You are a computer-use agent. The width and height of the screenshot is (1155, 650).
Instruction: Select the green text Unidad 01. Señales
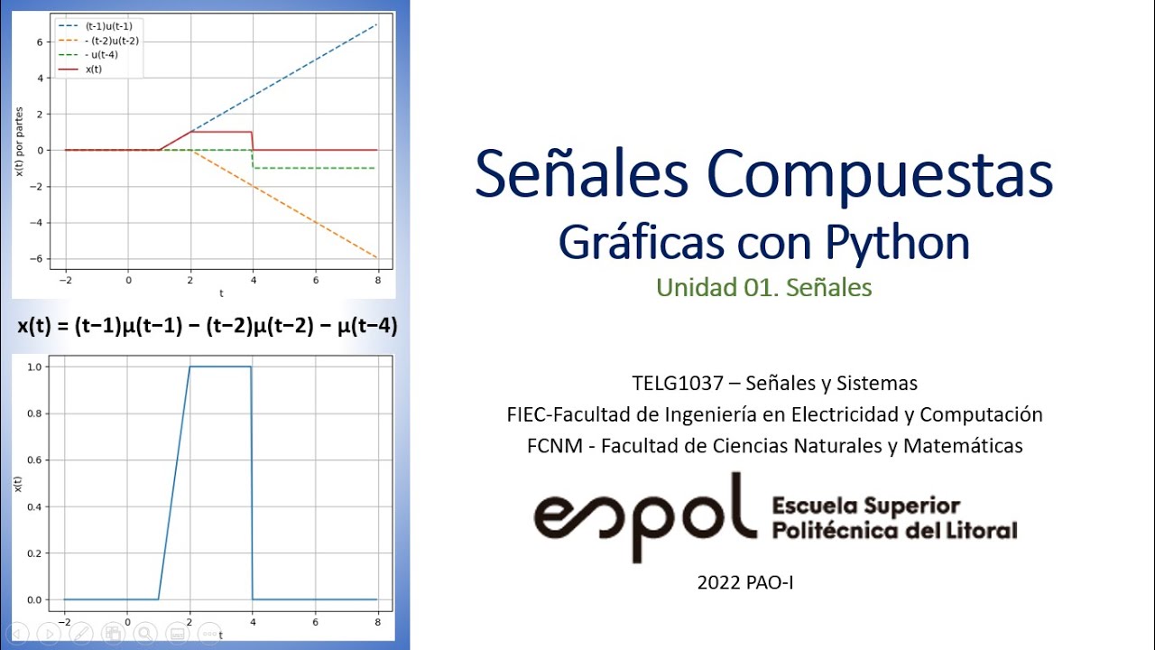click(763, 288)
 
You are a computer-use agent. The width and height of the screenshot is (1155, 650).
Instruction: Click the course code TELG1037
click(678, 383)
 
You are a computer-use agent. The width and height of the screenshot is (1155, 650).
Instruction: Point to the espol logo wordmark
click(644, 515)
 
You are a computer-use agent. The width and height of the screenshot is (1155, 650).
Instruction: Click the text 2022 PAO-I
click(745, 583)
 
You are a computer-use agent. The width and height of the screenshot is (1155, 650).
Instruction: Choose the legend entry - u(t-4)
click(101, 55)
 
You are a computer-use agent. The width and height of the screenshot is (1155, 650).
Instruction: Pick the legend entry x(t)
click(94, 70)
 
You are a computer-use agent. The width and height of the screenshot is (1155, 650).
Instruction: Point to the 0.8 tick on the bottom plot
click(35, 413)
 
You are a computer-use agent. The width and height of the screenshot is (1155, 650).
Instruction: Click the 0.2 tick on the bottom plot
click(35, 553)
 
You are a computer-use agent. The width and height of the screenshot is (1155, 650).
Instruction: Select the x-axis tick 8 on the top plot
click(377, 281)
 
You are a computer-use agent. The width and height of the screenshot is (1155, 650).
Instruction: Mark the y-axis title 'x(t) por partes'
click(19, 151)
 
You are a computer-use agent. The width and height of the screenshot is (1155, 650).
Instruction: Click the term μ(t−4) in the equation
click(366, 327)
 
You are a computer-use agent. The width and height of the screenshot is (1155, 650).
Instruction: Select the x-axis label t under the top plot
click(221, 293)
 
